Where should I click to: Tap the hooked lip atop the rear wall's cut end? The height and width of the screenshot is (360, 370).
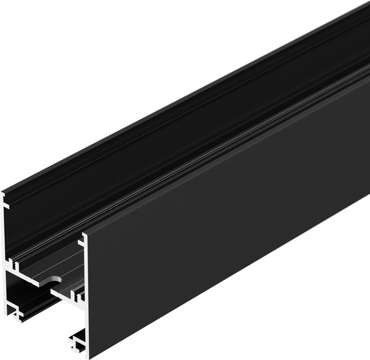click(x=4, y=197)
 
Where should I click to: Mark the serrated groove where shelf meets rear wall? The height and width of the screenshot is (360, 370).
click(x=15, y=266)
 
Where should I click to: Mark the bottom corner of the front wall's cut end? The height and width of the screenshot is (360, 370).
click(x=88, y=357)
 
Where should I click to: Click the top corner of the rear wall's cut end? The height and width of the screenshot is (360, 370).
click(x=4, y=192)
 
